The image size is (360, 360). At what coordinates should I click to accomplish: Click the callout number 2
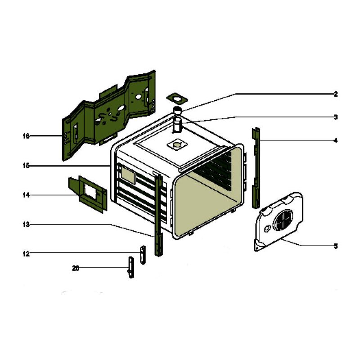tap(335, 94)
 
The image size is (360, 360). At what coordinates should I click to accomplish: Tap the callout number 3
tap(335, 117)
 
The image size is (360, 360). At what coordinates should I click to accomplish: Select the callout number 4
tap(335, 140)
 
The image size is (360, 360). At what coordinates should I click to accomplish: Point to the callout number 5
tap(335, 246)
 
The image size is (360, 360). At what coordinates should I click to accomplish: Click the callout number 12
tap(26, 254)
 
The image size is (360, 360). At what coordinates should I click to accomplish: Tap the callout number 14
tap(26, 195)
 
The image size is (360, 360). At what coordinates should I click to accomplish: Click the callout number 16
tap(26, 135)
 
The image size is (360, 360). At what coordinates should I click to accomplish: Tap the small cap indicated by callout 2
tap(178, 111)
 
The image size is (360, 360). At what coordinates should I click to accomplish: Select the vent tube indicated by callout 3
tap(178, 126)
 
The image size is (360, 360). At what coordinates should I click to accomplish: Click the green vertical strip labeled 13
tap(158, 216)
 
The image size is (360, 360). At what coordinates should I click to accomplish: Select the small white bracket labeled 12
tap(143, 255)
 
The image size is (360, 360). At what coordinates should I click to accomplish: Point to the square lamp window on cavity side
tap(127, 176)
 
